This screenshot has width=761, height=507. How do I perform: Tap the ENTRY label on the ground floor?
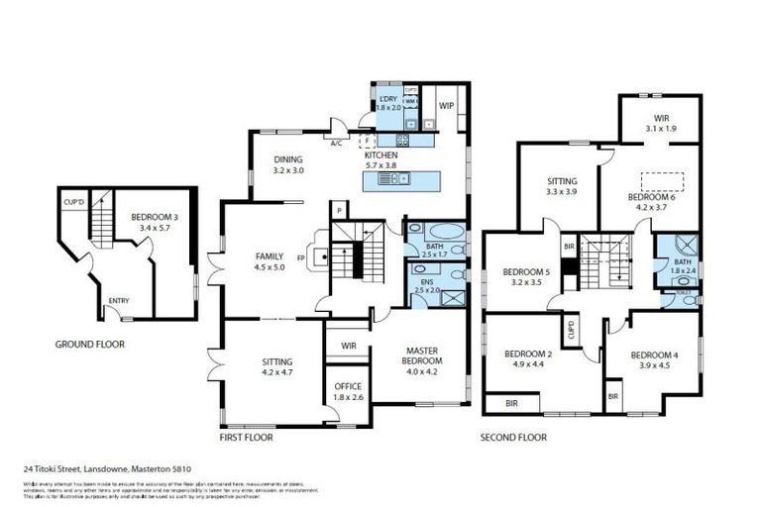(x=119, y=301)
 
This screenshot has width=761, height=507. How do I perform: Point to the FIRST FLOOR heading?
(x=246, y=437)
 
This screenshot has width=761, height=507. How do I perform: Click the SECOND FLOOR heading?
(x=513, y=437)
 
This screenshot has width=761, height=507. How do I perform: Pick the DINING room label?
(x=288, y=159)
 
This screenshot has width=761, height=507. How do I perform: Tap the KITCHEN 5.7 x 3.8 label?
(x=381, y=161)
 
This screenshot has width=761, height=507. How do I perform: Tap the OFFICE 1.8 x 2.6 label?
(x=348, y=386)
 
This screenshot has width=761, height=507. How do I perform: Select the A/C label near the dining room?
(x=337, y=143)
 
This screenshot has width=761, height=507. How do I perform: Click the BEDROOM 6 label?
(x=651, y=196)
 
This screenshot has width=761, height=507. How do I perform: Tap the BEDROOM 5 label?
(x=525, y=272)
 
